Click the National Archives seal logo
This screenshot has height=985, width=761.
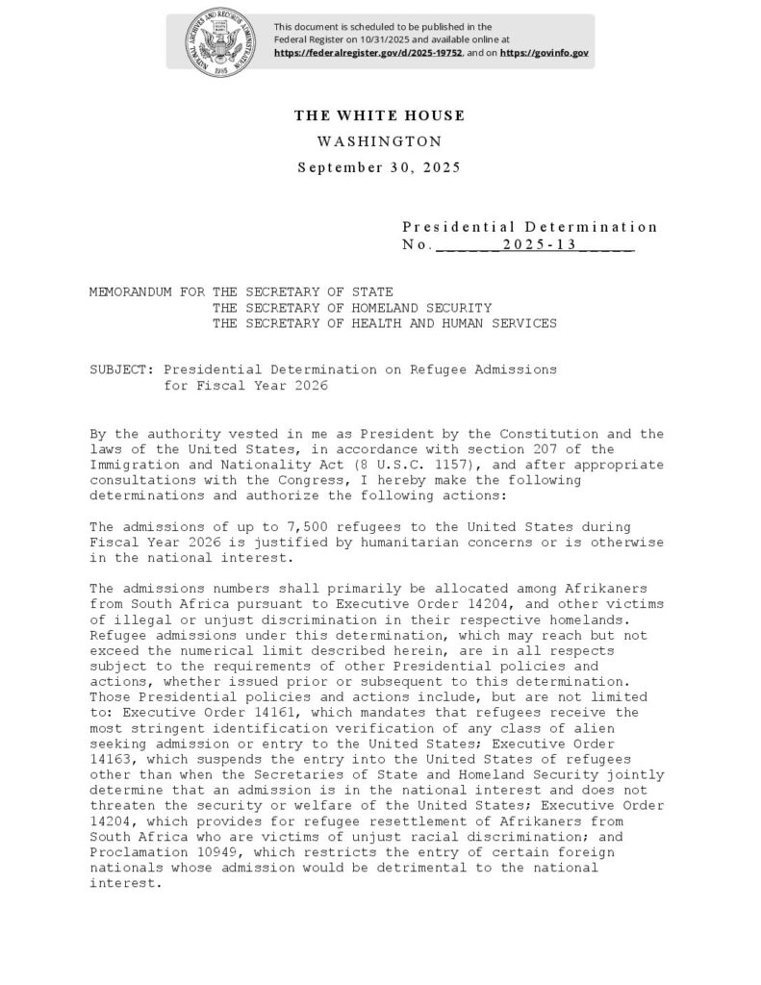coord(219,40)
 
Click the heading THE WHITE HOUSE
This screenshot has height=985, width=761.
coord(379,116)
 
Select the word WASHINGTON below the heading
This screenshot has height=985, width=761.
coord(379,141)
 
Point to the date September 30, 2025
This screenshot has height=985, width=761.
coord(379,167)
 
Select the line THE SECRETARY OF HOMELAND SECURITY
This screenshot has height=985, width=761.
coord(352,308)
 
